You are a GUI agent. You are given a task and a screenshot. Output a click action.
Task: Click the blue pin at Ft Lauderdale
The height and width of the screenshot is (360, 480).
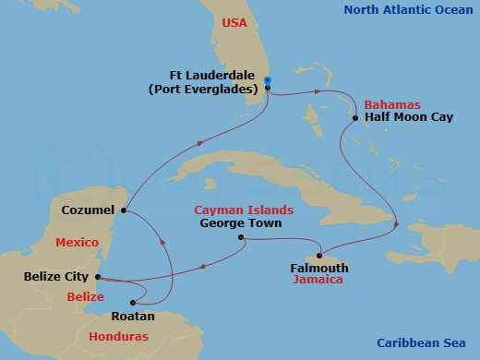(x=267, y=81)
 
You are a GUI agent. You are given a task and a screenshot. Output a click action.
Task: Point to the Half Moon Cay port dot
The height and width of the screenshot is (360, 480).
(x=356, y=118)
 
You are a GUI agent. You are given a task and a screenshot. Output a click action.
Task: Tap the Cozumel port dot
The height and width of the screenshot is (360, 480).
(x=124, y=210)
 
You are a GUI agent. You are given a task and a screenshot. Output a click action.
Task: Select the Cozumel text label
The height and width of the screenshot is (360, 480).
(x=88, y=210)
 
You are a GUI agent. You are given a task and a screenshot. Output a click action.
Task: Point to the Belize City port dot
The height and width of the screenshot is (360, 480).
(x=97, y=276)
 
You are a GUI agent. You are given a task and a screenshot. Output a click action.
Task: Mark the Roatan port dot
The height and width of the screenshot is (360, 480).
(x=134, y=301)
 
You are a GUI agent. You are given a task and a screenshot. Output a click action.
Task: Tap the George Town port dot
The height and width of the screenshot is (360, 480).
(x=241, y=238)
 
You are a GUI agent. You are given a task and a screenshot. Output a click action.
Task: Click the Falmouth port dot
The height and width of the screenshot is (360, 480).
(x=319, y=256)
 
